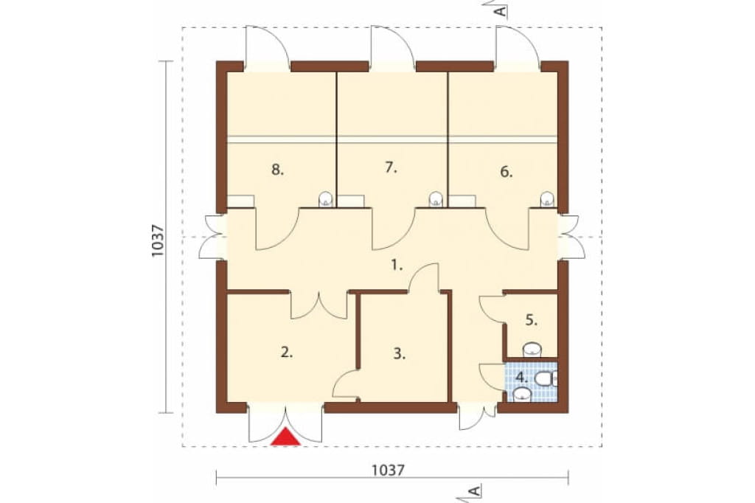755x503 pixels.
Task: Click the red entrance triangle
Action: click(285, 437)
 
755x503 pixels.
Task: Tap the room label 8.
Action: click(277, 170)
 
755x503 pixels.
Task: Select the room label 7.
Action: click(391, 167)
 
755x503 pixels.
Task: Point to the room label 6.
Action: click(506, 172)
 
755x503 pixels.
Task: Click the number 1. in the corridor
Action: click(396, 265)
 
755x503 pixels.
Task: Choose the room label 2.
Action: click(287, 353)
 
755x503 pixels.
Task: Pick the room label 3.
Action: click(399, 354)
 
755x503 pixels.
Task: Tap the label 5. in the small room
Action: click(531, 320)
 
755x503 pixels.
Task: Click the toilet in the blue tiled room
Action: click(546, 379)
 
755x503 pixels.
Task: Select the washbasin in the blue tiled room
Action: click(522, 395)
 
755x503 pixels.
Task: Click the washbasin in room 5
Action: click(532, 350)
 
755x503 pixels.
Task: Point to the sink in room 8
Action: click(326, 199)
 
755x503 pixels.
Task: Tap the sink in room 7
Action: click(436, 199)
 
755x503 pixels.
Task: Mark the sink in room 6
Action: click(547, 199)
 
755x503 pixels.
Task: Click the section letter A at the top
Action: click(501, 10)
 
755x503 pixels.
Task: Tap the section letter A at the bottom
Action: click(475, 491)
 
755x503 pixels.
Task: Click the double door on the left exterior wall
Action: click(212, 237)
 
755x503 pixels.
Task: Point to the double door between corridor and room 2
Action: click(319, 305)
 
